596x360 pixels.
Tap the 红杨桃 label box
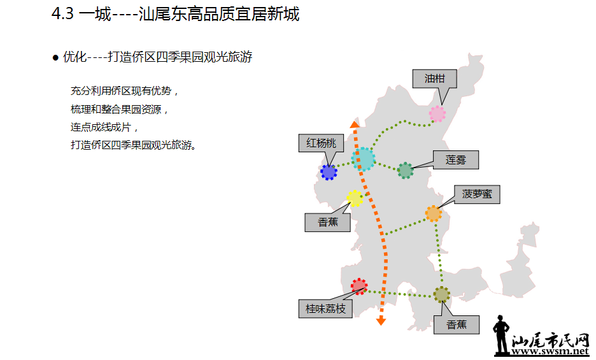[321, 143]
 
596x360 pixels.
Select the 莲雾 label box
[455, 160]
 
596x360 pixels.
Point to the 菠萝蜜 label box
[477, 194]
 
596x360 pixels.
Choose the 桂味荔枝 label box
[325, 308]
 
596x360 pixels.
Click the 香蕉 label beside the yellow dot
[328, 222]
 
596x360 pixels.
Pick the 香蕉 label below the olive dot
[457, 324]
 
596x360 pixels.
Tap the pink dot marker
[437, 113]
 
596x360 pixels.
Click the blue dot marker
[329, 171]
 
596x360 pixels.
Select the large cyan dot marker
[363, 159]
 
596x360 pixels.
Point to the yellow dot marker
[355, 198]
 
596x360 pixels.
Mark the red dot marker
[359, 286]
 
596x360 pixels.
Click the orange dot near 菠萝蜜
[433, 213]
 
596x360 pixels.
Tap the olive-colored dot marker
[441, 294]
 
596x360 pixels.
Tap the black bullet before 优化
[55, 57]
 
